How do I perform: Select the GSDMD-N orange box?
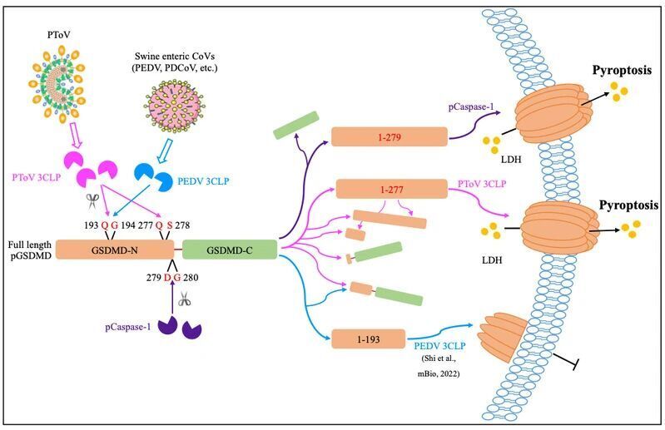[115, 248]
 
